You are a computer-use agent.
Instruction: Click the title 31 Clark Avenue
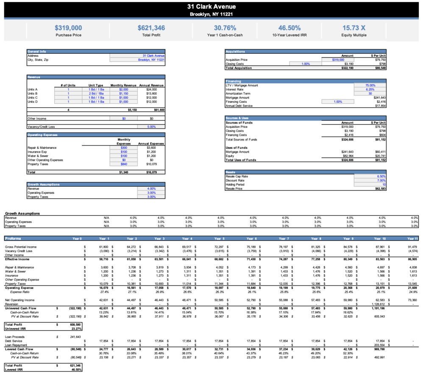(212, 6)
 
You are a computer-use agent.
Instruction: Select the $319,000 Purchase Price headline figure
(68, 28)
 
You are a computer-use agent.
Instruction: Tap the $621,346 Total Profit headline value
(151, 28)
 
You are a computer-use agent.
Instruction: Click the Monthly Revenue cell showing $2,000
(123, 90)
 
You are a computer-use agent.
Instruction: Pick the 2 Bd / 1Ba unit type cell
(96, 93)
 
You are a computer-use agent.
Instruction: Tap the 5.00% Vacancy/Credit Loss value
(151, 126)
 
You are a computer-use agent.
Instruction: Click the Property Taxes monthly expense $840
(124, 164)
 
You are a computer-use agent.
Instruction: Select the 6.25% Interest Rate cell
(370, 90)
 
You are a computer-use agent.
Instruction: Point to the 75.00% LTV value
(370, 85)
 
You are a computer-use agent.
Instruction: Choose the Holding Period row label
(235, 184)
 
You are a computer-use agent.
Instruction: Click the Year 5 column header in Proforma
(218, 239)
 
